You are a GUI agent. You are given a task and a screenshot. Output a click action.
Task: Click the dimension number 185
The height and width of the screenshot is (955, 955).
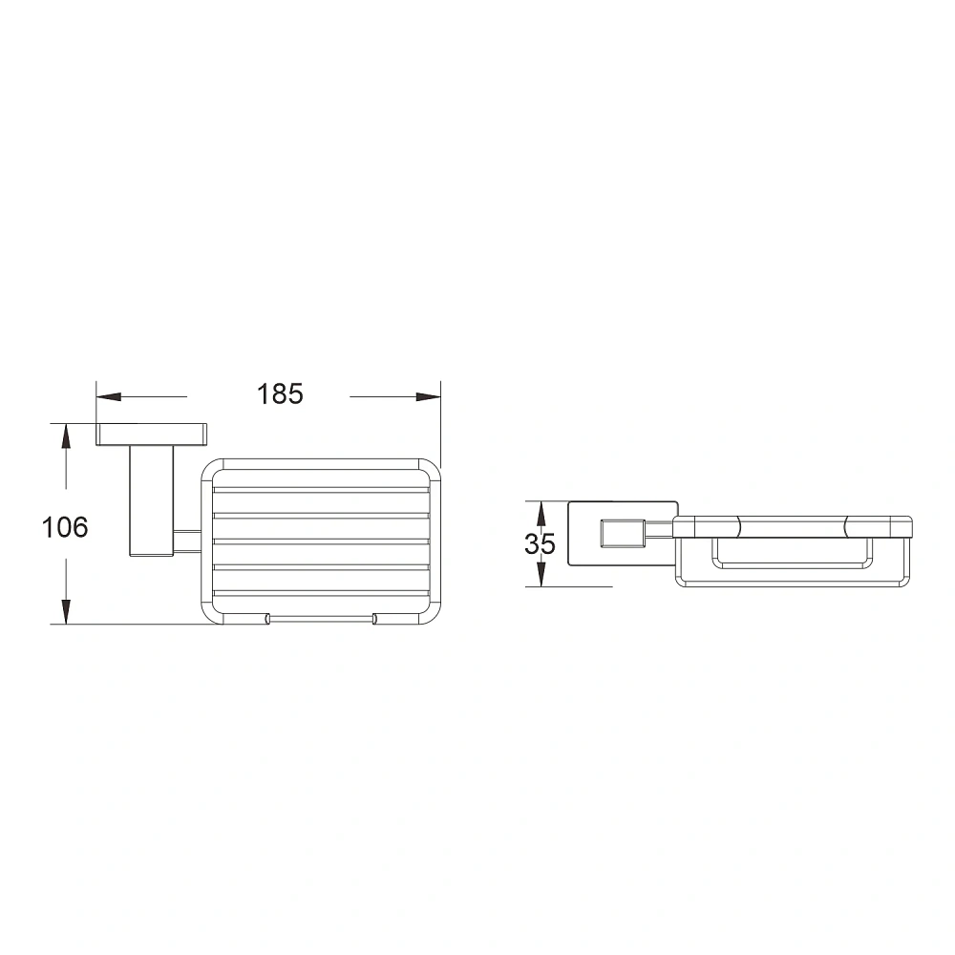[x=280, y=394]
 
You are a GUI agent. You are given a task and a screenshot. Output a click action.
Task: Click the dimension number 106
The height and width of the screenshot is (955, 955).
[x=65, y=527]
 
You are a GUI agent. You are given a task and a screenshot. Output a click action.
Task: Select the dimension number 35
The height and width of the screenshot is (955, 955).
[x=540, y=544]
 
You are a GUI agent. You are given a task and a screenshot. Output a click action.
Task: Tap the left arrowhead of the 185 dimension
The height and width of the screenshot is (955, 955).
[x=109, y=396]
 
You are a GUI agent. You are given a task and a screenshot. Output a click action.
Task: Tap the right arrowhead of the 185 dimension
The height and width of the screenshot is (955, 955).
[x=428, y=396]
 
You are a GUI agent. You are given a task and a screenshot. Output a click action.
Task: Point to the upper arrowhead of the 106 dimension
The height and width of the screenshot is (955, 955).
[x=66, y=436]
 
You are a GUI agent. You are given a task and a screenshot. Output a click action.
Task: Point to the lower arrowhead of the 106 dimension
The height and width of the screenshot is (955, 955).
[x=66, y=611]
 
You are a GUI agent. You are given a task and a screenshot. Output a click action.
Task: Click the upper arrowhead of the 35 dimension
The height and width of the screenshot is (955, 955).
[x=540, y=514]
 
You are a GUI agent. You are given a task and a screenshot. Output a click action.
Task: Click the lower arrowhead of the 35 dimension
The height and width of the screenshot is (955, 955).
[x=540, y=574]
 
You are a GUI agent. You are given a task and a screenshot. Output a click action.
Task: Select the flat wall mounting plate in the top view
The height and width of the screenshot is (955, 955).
[x=151, y=435]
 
